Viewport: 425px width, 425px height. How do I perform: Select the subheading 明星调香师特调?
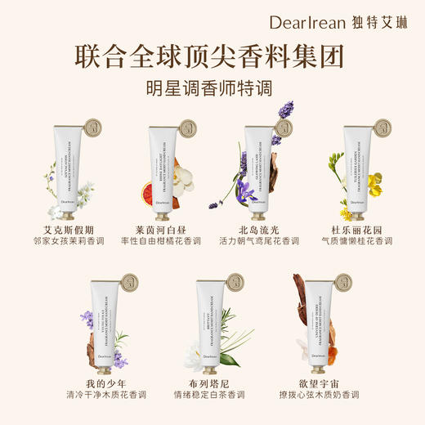click(212, 88)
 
